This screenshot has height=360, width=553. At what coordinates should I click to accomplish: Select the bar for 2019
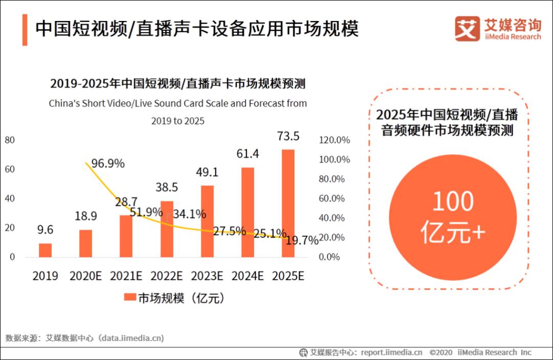tap(45, 250)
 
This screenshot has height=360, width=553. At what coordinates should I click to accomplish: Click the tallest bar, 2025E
tap(288, 203)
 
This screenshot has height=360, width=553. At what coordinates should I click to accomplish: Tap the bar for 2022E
tap(167, 229)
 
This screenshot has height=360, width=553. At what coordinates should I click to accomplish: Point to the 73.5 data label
tap(288, 137)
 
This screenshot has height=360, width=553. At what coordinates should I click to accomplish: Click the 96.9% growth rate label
tap(108, 163)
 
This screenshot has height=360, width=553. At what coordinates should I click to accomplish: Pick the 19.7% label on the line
tap(302, 241)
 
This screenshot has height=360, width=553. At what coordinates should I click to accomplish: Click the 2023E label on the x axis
tap(207, 276)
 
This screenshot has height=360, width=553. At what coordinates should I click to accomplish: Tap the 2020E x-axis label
tap(85, 276)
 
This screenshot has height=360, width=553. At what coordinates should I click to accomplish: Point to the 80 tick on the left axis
tap(10, 140)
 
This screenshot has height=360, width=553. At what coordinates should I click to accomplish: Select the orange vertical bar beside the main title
tap(25, 30)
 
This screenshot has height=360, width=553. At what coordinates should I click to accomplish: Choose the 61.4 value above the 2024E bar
tap(248, 154)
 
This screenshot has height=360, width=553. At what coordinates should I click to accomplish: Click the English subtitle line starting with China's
tap(178, 103)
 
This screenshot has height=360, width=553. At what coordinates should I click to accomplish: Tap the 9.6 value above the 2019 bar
tap(45, 230)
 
